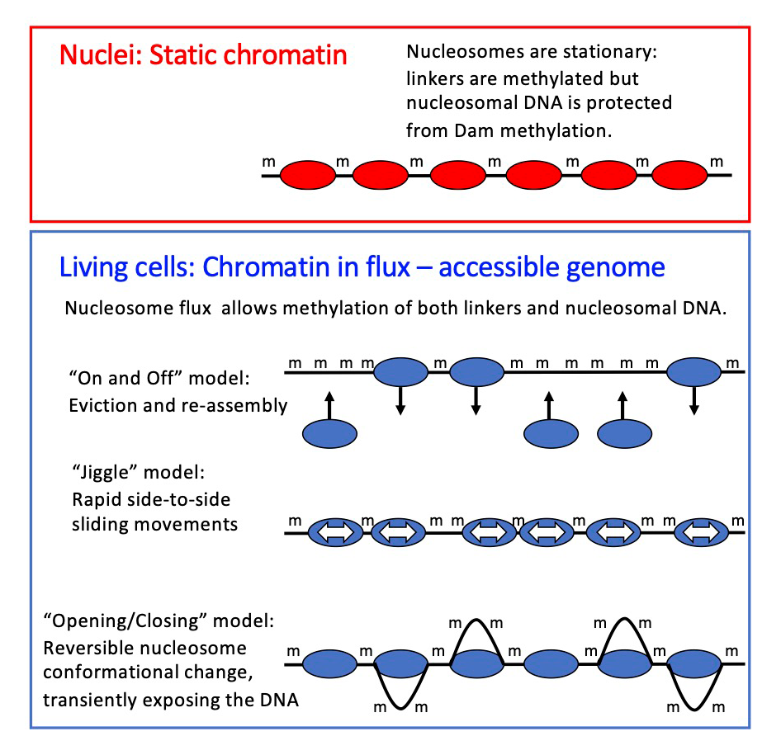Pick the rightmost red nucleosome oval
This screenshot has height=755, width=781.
tap(679, 175)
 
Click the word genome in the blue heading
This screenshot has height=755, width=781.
tap(613, 268)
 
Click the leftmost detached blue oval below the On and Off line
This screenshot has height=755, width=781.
tap(330, 433)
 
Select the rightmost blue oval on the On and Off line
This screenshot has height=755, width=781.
tap(693, 372)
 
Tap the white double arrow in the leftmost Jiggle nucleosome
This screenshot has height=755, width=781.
tap(335, 534)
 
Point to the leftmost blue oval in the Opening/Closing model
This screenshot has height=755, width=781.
tap(329, 663)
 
